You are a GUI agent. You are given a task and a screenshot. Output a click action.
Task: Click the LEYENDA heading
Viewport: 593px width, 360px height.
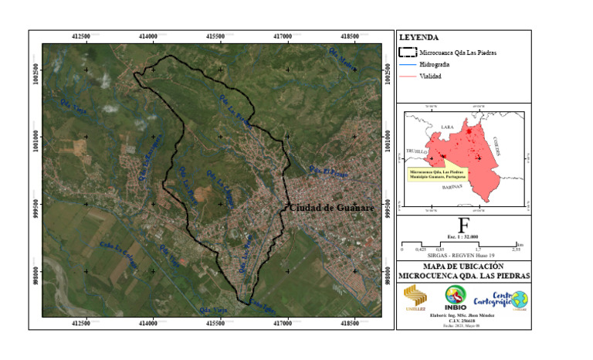pyautogui.click(x=418, y=37)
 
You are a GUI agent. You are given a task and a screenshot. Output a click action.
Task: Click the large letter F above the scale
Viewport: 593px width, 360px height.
pyautogui.click(x=463, y=225)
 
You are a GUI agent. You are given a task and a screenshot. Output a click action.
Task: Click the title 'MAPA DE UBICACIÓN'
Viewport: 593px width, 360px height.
pyautogui.click(x=464, y=267)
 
